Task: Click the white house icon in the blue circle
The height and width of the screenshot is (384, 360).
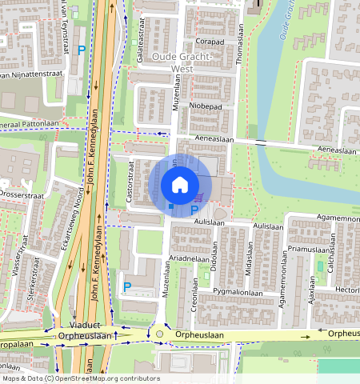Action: [x=180, y=185]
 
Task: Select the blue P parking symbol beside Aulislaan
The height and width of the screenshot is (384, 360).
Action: [x=194, y=211]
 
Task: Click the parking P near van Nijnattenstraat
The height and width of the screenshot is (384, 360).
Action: [x=82, y=50]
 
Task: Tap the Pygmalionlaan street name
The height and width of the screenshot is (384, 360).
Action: [x=238, y=294]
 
